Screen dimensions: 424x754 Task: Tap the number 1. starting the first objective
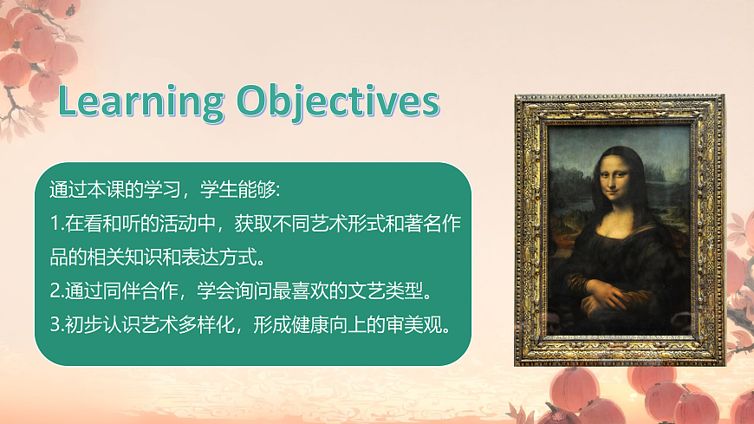coord(56,224)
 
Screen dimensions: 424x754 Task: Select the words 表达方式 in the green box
coord(235,257)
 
